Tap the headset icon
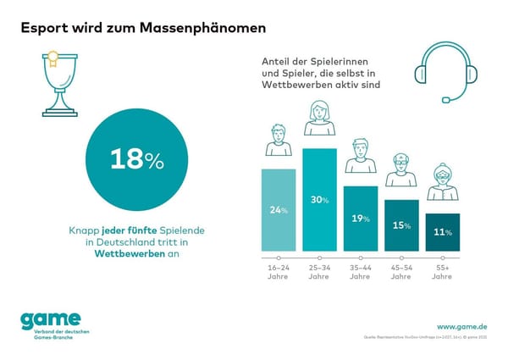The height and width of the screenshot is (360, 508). pyautogui.click(x=436, y=73)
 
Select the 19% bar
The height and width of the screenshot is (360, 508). pyautogui.click(x=361, y=218)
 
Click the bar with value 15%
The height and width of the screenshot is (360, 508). pyautogui.click(x=401, y=224)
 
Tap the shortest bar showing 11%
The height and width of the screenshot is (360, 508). pyautogui.click(x=442, y=231)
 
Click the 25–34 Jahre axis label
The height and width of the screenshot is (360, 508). pyautogui.click(x=320, y=271)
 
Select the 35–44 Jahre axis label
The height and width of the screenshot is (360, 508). pyautogui.click(x=361, y=271)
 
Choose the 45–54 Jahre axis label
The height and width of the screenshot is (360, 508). pyautogui.click(x=401, y=271)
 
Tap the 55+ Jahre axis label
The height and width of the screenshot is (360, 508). pyautogui.click(x=442, y=271)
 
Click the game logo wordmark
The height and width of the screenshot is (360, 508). pyautogui.click(x=50, y=318)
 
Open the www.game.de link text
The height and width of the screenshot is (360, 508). pyautogui.click(x=461, y=325)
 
